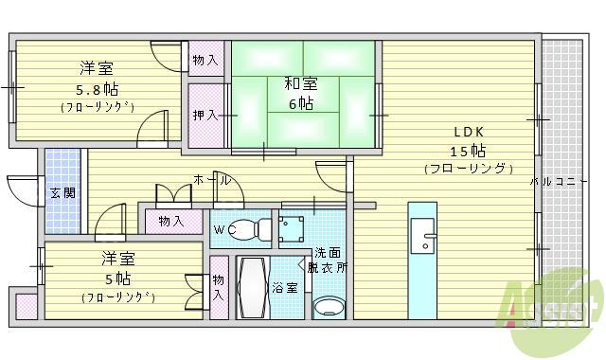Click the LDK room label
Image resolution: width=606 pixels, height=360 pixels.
point(469,132)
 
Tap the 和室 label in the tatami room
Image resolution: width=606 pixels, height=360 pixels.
point(302,83)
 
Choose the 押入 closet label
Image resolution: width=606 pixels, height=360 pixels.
point(205,115)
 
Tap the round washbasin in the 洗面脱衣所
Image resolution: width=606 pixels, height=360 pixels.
point(330,305)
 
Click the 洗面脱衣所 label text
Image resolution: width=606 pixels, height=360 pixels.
point(330,261)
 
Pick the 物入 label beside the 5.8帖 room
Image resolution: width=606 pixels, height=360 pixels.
point(205,61)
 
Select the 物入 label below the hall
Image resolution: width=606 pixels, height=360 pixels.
point(171,221)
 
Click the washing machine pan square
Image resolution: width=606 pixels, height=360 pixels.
point(291,228)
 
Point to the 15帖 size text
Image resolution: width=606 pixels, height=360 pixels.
point(468,151)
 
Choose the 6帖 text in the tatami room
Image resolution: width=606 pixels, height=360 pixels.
point(301,103)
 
